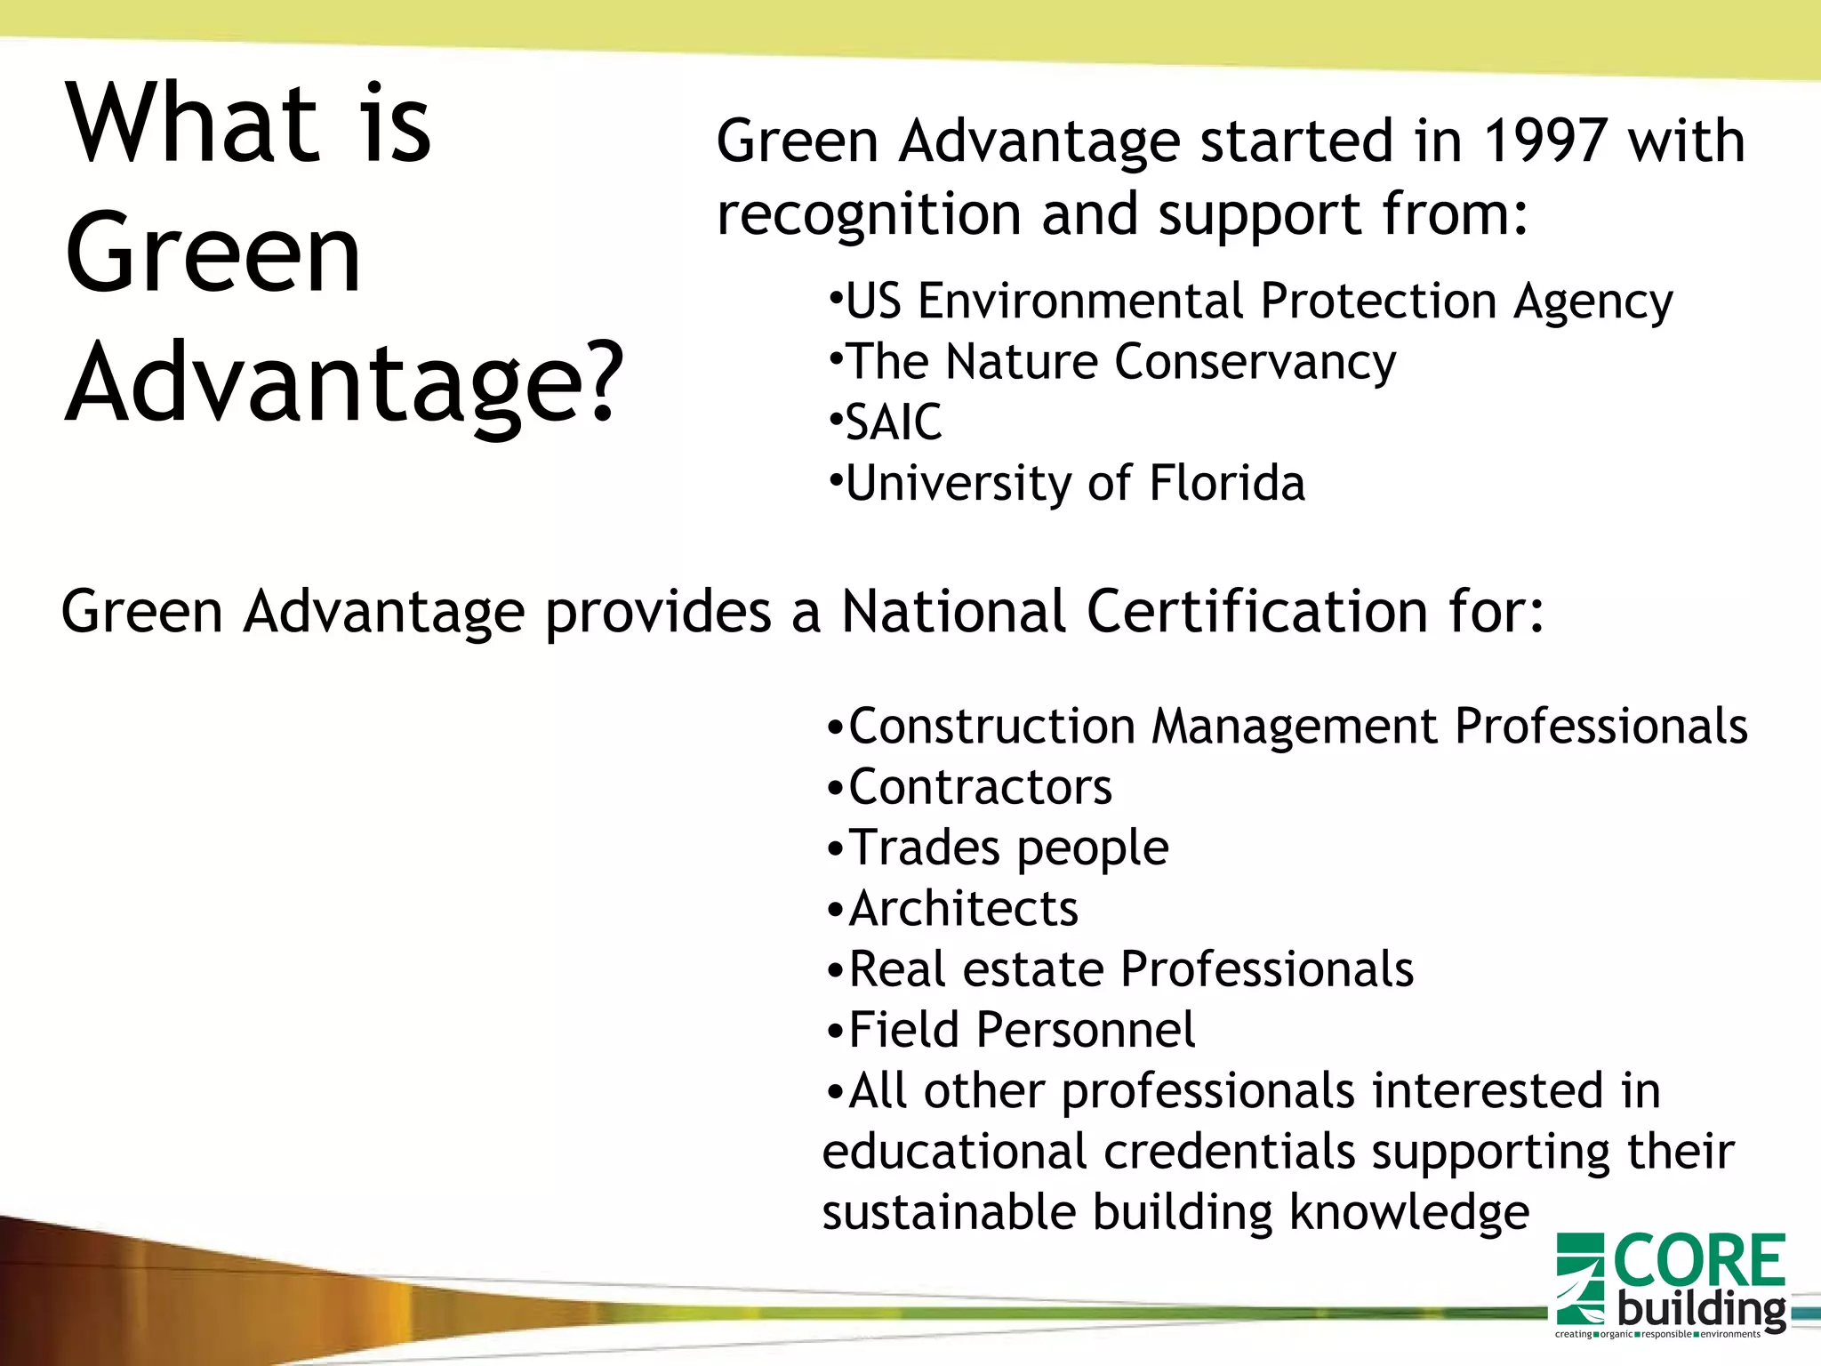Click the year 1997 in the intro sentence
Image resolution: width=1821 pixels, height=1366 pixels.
pos(1544,141)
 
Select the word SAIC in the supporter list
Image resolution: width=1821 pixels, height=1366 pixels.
pos(893,422)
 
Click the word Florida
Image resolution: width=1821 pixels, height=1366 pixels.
pos(1227,483)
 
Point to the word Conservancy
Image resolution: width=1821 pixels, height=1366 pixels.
pos(1255,363)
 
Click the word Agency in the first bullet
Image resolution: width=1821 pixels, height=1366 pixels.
pos(1593,302)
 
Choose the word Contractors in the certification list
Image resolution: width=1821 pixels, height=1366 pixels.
pos(980,787)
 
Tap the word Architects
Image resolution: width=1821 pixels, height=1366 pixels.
pos(963,909)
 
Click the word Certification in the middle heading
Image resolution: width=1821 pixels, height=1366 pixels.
pos(1257,613)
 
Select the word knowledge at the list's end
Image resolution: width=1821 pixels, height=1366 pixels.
pos(1408,1213)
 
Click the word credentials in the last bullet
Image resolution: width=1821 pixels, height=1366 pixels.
pos(1230,1153)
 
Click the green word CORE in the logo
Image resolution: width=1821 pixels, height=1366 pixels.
pos(1698,1261)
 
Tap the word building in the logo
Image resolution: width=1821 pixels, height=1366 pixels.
pos(1701,1309)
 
